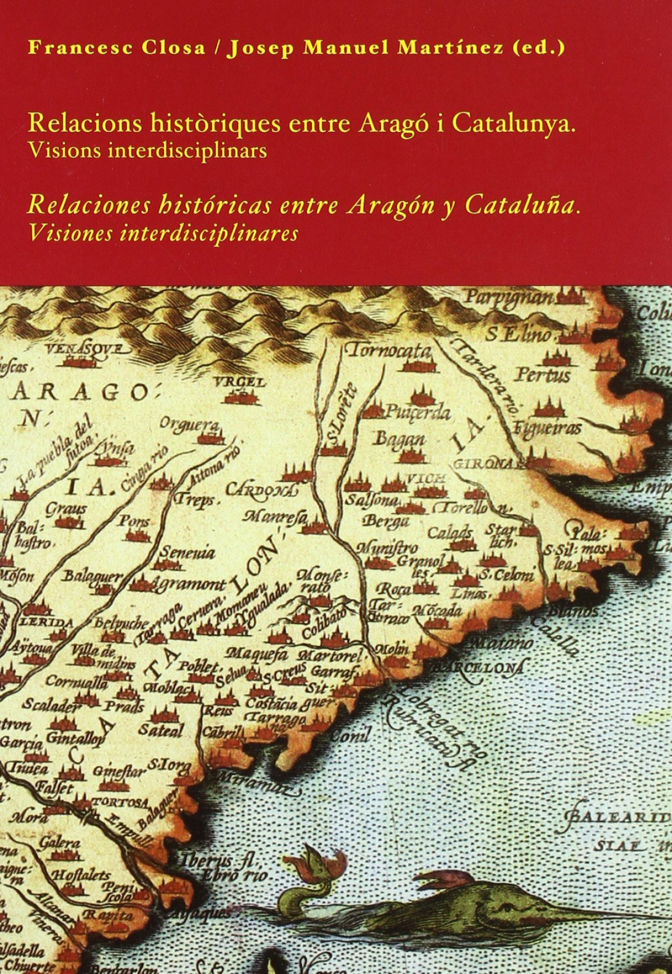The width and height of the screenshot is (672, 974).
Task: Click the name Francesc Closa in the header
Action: (116, 48)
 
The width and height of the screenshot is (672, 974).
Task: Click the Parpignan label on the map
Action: (508, 297)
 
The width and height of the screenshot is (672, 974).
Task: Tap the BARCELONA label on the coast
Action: (481, 667)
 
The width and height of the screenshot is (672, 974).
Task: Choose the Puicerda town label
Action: (417, 413)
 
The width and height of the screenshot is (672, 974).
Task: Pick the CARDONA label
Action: (259, 490)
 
